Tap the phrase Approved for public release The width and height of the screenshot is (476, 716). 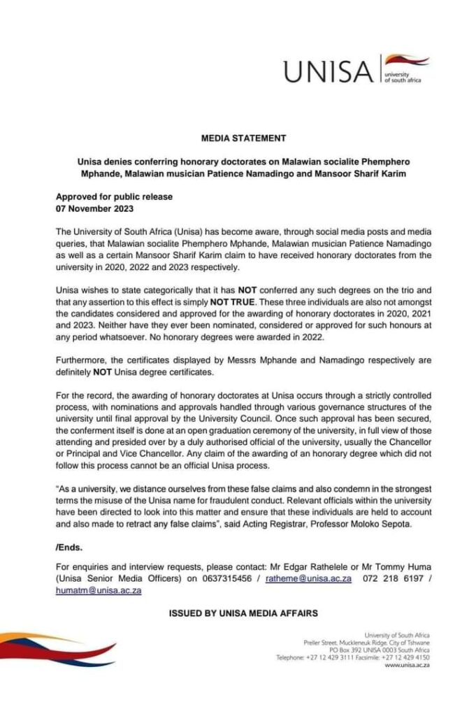[x=114, y=197]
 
